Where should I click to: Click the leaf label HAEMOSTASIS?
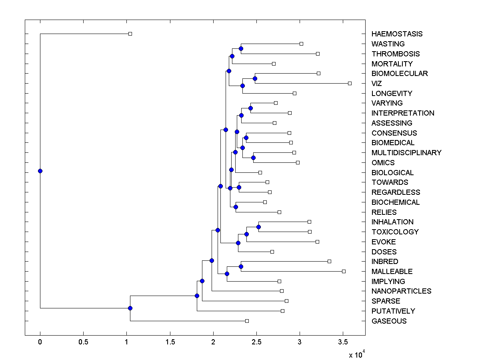point(396,34)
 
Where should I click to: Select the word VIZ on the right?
point(376,84)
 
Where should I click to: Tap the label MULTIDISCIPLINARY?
point(406,153)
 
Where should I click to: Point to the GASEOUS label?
point(388,321)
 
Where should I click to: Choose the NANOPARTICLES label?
point(401,291)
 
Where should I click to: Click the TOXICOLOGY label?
point(395,232)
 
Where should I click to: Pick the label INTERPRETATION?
point(402,113)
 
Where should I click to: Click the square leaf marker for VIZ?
point(350,83)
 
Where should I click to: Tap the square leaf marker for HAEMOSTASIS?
point(130,34)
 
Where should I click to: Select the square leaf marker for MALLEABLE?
point(344,271)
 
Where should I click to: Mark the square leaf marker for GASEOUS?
point(247,321)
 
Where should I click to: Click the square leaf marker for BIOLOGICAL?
point(260,172)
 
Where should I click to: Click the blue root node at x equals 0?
point(40,171)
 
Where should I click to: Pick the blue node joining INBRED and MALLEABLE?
point(241,266)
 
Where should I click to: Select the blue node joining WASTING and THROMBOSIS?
point(241,48)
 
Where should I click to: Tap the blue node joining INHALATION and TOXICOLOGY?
point(258,227)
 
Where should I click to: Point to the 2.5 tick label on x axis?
point(256,343)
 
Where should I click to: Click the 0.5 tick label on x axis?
point(83,343)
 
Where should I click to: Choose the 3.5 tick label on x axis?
point(343,343)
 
